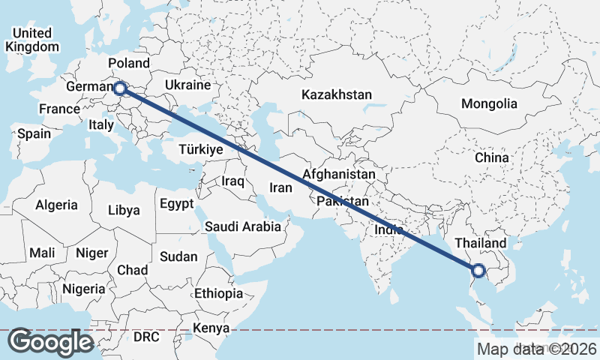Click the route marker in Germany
pos(120,88)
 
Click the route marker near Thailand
pos(479,271)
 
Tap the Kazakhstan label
pos(337,95)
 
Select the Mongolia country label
pos(490,103)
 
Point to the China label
pos(492,158)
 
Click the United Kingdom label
pos(31,40)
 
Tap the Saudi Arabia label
pos(243,226)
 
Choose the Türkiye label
pos(202,150)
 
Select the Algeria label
pos(57,205)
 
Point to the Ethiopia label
pos(218,293)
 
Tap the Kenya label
pos(211,328)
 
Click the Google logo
pos(51,342)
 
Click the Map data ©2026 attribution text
pos(536,349)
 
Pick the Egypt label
pos(176,204)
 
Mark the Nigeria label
pos(82,289)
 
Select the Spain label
pos(34,134)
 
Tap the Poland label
pos(129,63)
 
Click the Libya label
pos(124,210)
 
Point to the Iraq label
pos(233,181)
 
